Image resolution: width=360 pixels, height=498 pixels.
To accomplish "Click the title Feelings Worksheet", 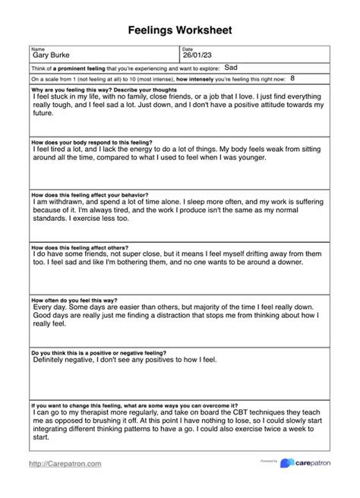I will (180, 30).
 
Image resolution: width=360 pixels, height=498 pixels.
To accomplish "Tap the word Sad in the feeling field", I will (232, 68).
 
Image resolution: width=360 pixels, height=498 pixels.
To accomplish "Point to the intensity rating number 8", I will (292, 78).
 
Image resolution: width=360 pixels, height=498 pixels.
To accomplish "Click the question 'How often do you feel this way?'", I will (79, 301).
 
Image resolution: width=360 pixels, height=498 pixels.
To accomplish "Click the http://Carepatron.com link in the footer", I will (65, 463).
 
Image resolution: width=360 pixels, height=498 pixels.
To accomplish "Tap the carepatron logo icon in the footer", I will (286, 463).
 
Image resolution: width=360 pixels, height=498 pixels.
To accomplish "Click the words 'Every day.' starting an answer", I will (51, 308).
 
